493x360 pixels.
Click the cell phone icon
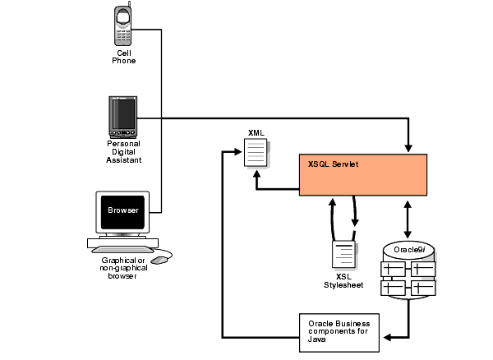pyautogui.click(x=122, y=25)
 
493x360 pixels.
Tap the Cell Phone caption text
pyautogui.click(x=124, y=57)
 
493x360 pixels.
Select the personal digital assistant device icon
pyautogui.click(x=122, y=117)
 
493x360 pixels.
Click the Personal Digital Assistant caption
pyautogui.click(x=124, y=152)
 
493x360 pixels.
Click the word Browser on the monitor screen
pyautogui.click(x=123, y=210)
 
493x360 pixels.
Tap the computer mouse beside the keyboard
pyautogui.click(x=159, y=259)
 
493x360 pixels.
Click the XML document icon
pyautogui.click(x=256, y=155)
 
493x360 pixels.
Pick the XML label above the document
pyautogui.click(x=256, y=132)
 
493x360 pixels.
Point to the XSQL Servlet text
pyautogui.click(x=333, y=164)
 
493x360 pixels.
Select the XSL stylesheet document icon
pyautogui.click(x=343, y=256)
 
